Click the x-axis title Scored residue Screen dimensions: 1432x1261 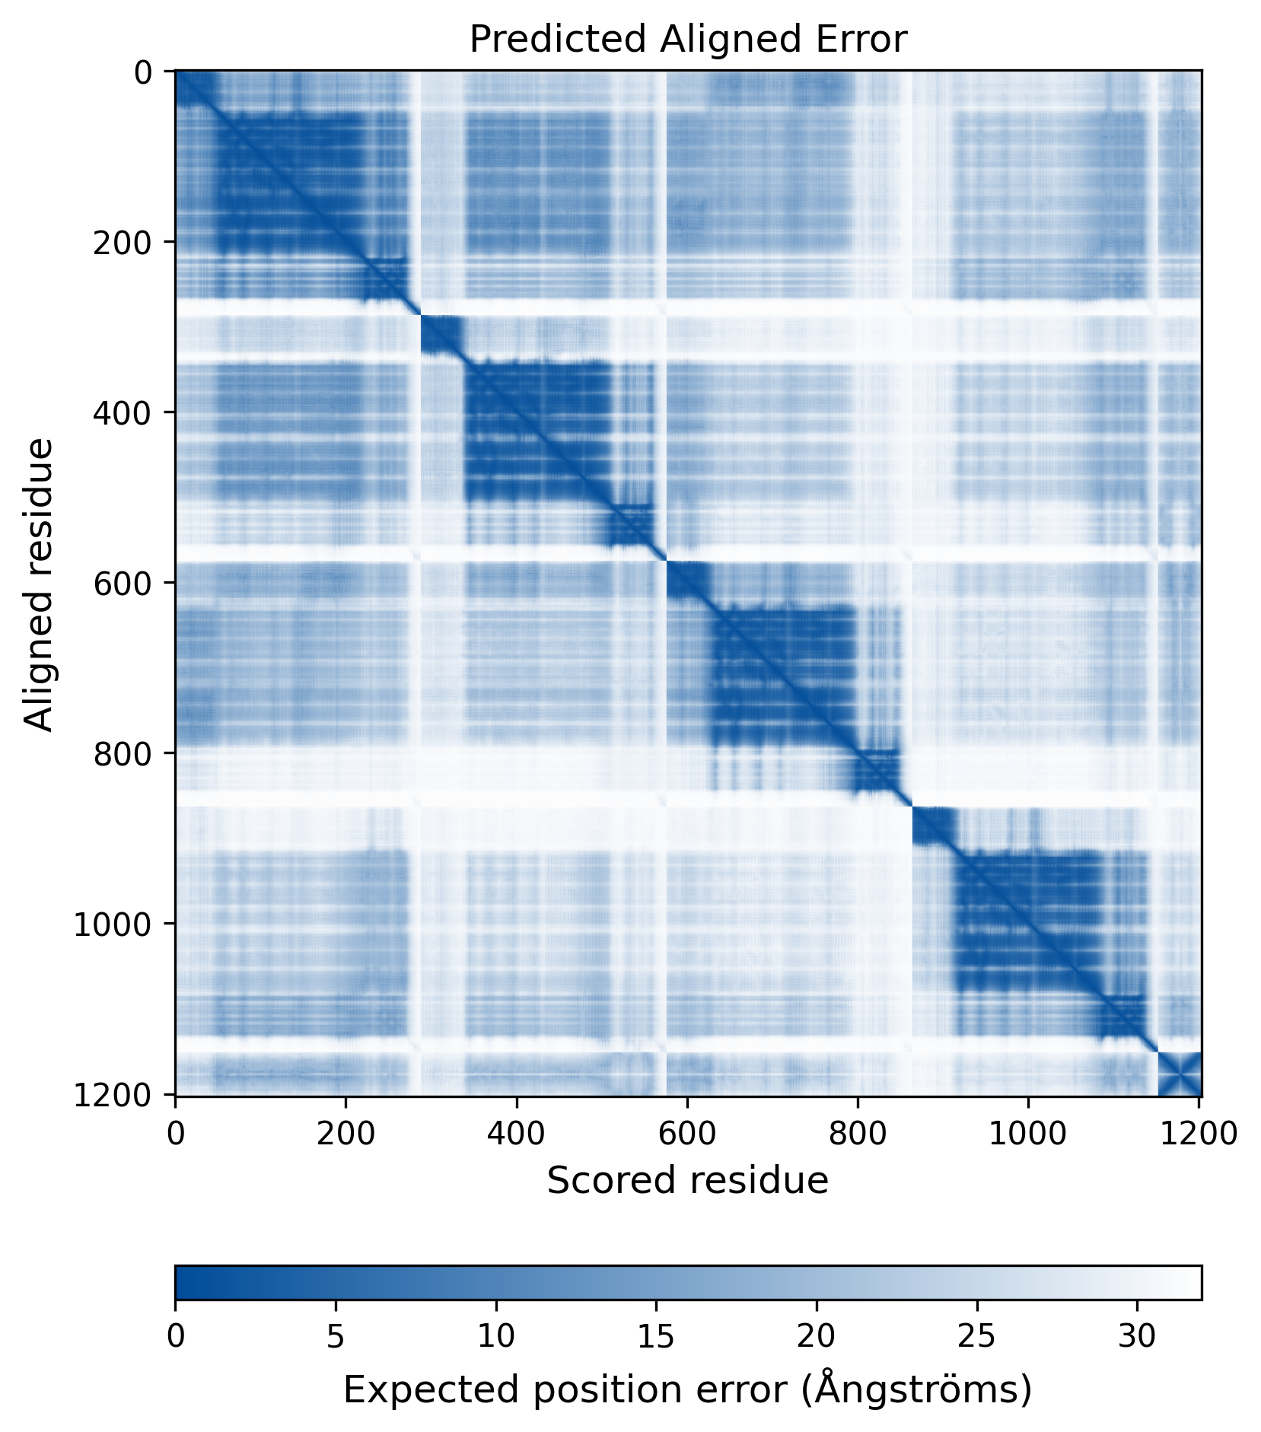[x=687, y=1180]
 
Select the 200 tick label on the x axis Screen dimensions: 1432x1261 [x=346, y=1134]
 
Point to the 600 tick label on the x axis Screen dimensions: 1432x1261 [x=687, y=1134]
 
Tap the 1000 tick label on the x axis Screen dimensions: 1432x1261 [x=1028, y=1134]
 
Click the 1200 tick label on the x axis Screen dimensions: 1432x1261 [x=1199, y=1134]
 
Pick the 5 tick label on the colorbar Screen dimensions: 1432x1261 [x=336, y=1336]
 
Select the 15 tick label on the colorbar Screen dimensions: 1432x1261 [x=656, y=1336]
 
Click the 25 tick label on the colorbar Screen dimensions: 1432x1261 [x=977, y=1336]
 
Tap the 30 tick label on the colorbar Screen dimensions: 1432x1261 [x=1137, y=1336]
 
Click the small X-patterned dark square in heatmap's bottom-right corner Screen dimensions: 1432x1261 [x=1179, y=1074]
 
